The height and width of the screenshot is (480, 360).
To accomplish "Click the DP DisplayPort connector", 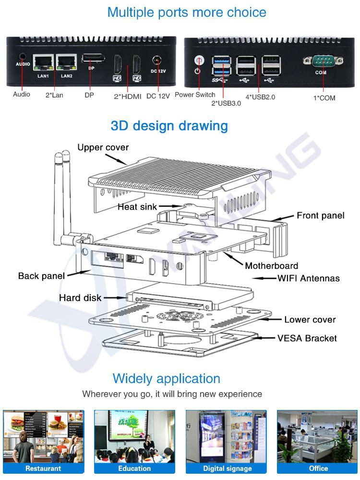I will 93,59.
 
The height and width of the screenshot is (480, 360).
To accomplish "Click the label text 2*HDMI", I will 127,96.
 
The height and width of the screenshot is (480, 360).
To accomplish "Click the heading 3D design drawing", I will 169,126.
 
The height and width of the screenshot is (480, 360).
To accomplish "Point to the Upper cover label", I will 103,147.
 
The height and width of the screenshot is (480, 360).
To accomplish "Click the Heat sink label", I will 137,207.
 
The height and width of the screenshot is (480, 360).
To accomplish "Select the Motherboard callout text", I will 271,265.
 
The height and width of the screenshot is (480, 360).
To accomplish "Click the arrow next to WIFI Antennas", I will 264,278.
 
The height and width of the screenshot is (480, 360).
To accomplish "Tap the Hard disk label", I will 80,298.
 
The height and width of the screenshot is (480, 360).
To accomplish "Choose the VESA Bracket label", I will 307,338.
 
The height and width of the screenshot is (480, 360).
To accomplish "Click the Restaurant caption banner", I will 43,468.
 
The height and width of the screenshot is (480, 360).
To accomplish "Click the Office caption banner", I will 318,468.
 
